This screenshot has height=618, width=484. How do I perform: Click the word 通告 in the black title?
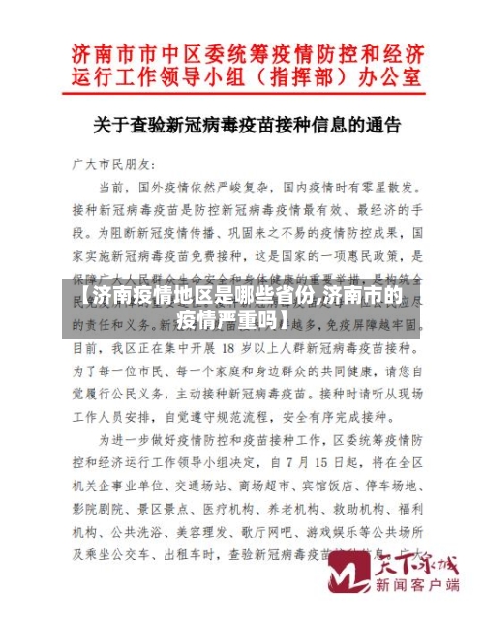(x=386, y=125)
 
